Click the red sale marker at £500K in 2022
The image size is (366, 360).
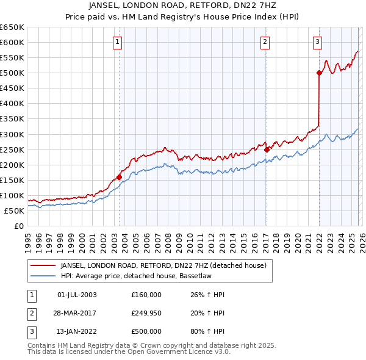coord(319,73)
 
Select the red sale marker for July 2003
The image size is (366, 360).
coord(119,177)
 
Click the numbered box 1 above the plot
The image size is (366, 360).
coord(117,42)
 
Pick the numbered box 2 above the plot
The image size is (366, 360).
coord(265,42)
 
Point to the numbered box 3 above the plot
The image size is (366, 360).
coord(318,42)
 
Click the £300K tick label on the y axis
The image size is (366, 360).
coord(12,134)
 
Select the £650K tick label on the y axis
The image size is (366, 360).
coord(12,27)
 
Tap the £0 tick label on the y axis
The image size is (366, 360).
coord(18,226)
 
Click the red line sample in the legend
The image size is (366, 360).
coord(43,265)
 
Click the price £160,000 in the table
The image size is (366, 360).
coord(146,295)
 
